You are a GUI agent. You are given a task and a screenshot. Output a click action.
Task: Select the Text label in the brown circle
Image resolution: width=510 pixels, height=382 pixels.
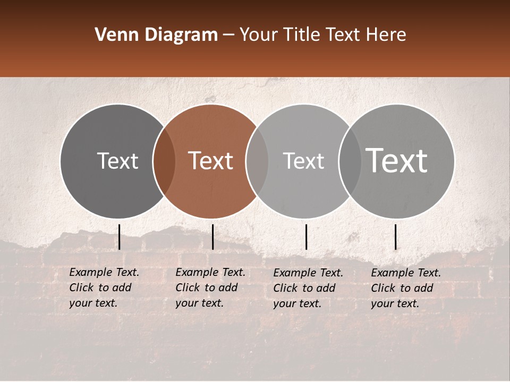[211, 161]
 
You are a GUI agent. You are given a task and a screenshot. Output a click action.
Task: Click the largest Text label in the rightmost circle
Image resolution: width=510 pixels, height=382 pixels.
[397, 161]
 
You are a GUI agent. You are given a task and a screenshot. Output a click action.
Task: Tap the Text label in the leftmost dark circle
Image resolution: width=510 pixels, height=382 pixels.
[117, 161]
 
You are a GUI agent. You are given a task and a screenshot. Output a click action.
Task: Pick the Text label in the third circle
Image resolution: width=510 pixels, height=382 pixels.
[303, 161]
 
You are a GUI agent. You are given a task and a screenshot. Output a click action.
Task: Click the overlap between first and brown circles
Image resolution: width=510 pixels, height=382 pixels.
[164, 161]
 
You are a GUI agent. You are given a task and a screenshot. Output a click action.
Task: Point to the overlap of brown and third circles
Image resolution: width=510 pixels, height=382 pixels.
[257, 161]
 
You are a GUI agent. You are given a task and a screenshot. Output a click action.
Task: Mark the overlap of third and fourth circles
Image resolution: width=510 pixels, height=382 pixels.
[350, 161]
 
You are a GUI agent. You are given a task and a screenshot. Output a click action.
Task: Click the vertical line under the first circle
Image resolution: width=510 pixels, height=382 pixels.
[120, 237]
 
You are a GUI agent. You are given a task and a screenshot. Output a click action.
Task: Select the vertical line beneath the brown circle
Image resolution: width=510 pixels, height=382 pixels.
[212, 237]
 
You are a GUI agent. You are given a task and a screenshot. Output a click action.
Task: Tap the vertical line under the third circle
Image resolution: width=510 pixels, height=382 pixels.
[307, 237]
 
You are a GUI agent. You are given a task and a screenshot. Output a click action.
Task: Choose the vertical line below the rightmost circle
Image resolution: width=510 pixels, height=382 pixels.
[395, 237]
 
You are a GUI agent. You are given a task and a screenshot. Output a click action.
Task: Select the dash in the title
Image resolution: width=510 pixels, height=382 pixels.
[228, 35]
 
